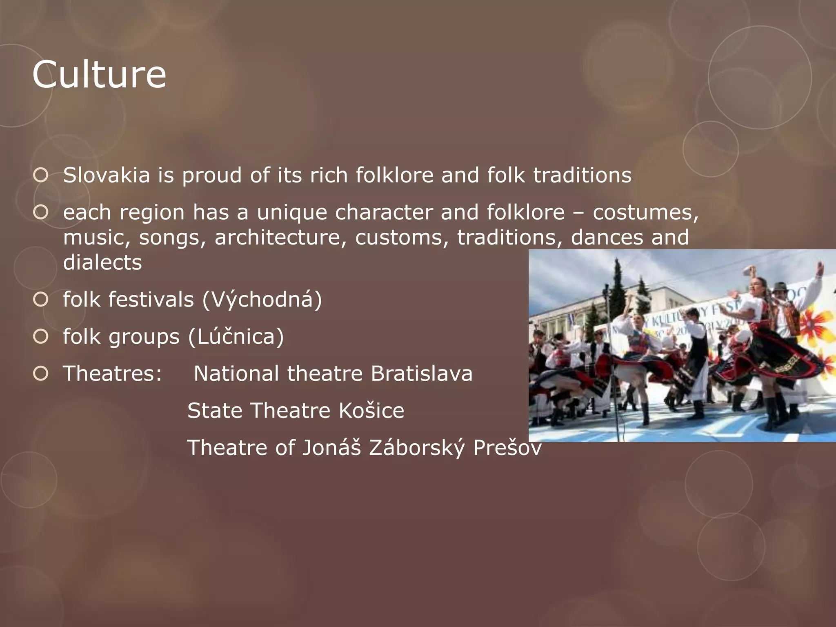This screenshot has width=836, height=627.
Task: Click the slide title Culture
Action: (x=99, y=74)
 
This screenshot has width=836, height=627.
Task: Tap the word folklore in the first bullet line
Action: (x=394, y=175)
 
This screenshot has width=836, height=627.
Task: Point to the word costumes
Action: (x=645, y=212)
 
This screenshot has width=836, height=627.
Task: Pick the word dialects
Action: (x=102, y=262)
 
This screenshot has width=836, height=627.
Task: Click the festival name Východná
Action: (x=262, y=299)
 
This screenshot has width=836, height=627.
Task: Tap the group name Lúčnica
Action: (x=236, y=336)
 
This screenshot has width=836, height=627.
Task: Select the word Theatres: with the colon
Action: (x=112, y=374)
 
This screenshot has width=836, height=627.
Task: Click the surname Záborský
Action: (x=417, y=448)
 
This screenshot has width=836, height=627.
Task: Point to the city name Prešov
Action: (x=507, y=448)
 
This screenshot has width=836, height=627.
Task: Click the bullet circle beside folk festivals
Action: (x=41, y=299)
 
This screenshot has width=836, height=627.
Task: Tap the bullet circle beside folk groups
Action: (x=41, y=336)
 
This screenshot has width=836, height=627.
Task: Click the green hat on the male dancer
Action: (x=780, y=287)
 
